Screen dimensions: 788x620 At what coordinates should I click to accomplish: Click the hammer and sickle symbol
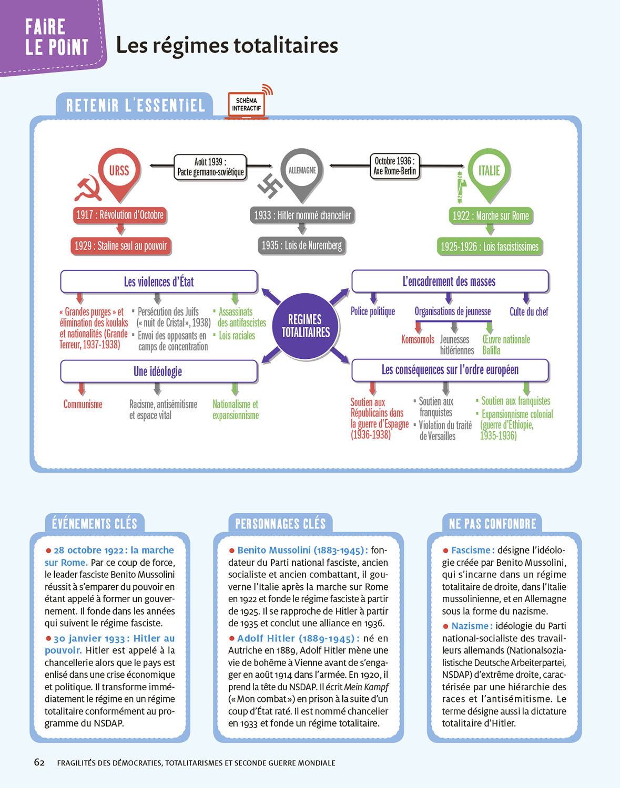[x=87, y=189]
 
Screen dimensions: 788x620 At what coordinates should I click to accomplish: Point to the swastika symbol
[x=270, y=185]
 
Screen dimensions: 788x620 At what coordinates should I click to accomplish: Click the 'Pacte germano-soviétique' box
[x=210, y=167]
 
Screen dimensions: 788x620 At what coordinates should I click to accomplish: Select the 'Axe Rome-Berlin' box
[x=394, y=166]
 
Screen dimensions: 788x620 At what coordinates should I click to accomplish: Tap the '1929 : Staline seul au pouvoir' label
[x=121, y=246]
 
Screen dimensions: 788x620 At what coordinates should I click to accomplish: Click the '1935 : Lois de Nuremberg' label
[x=302, y=245]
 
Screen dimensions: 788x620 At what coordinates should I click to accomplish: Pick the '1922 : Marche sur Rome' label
[x=491, y=215]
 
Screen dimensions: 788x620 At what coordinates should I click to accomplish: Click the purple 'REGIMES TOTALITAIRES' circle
[x=306, y=326]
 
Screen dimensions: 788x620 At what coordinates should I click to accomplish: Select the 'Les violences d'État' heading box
[x=159, y=282]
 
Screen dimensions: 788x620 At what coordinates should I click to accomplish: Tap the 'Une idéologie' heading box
[x=159, y=371]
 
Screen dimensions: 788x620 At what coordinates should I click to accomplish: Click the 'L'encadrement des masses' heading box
[x=450, y=282]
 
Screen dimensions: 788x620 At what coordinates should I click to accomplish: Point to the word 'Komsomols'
[x=418, y=339]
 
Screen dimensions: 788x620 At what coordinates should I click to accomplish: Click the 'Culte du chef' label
[x=528, y=312]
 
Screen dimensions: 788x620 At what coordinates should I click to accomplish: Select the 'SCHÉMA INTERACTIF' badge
[x=246, y=105]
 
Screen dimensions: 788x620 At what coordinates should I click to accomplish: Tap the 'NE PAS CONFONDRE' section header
[x=492, y=524]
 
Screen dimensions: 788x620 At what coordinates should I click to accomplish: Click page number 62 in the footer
[x=39, y=762]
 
